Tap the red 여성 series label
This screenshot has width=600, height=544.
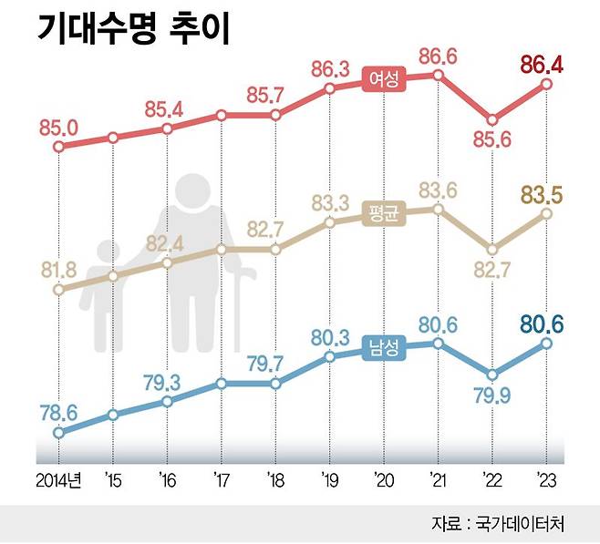tap(382, 79)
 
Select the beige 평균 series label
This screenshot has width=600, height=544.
tap(382, 213)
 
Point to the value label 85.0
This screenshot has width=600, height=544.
tap(58, 126)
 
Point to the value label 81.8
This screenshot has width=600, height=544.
tap(58, 268)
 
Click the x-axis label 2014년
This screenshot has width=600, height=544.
tap(58, 479)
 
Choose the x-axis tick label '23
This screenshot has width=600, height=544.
tap(546, 479)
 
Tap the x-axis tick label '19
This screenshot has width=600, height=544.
tap(328, 479)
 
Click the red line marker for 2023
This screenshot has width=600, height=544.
tap(547, 84)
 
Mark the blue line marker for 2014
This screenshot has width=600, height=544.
tap(59, 433)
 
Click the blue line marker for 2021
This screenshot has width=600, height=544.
tap(439, 344)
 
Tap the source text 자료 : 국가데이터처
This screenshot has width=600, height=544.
tap(498, 524)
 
